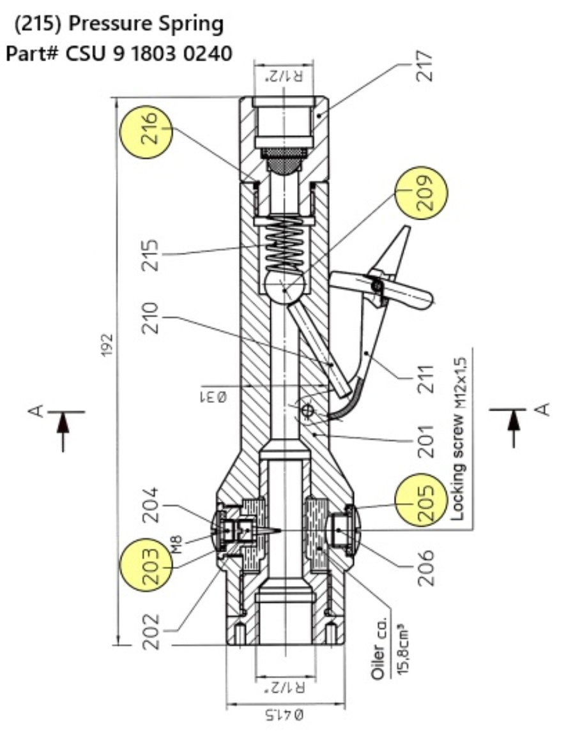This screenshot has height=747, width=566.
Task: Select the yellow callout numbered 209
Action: point(421,193)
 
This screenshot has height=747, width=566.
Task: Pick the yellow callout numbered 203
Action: point(148,564)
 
